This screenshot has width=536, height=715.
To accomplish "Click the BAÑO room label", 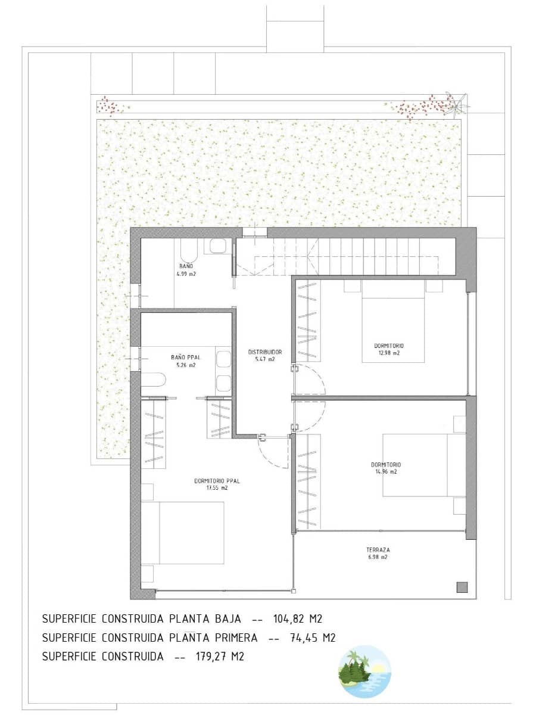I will (186, 266).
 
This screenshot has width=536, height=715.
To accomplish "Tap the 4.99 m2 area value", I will (186, 274).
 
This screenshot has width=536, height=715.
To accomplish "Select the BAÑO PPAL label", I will (185, 357).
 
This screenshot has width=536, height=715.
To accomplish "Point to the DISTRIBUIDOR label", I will (265, 352).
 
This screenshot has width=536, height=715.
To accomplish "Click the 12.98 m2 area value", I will (389, 353).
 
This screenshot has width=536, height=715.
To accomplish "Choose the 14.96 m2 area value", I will (386, 472).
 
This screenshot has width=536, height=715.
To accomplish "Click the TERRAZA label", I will (378, 550).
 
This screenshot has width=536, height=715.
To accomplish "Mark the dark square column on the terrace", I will (462, 587).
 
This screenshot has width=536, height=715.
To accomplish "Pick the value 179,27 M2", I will (220, 657).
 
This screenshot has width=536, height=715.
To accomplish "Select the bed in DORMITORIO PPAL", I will (183, 532).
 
